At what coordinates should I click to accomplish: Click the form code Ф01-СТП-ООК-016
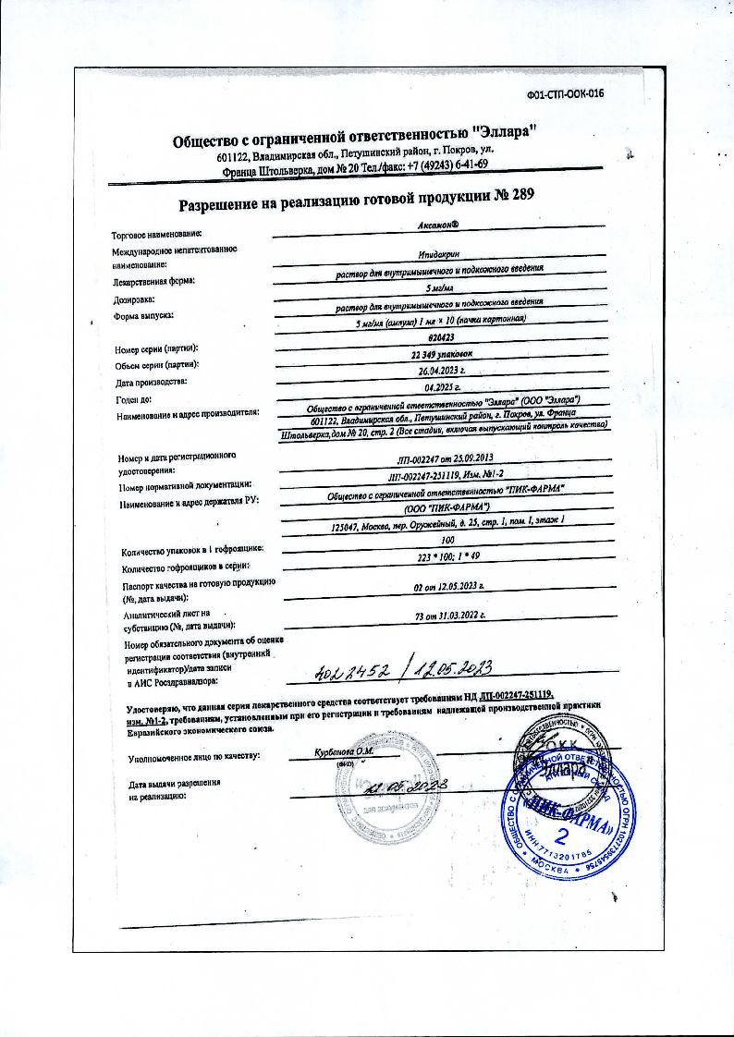pyautogui.click(x=565, y=94)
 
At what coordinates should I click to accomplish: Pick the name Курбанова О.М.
pyautogui.click(x=343, y=750)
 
